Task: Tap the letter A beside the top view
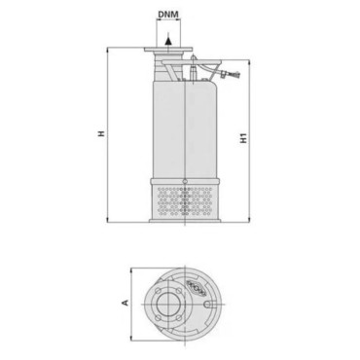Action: click(x=125, y=303)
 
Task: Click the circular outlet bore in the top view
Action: click(x=167, y=305)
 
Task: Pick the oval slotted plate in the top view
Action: click(x=200, y=290)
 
